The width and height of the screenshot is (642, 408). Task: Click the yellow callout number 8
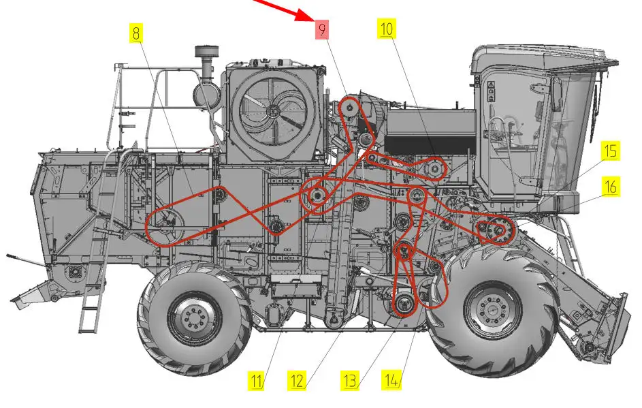tap(136, 33)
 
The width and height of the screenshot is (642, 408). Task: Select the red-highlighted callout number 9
tap(322, 29)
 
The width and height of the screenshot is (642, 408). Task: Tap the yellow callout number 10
tap(387, 29)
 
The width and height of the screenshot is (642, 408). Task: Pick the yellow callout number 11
tap(256, 381)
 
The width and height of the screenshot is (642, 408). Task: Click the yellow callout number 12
tap(297, 381)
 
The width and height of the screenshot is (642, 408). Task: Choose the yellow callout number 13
tap(350, 380)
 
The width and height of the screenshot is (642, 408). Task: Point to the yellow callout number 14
tap(391, 380)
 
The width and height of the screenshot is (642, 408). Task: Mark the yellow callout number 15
tap(611, 151)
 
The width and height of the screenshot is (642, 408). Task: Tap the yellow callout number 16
tap(611, 187)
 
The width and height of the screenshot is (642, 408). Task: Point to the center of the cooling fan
tap(272, 110)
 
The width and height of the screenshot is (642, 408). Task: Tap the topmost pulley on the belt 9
tap(350, 108)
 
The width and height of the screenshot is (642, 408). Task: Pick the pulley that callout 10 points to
tap(434, 168)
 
